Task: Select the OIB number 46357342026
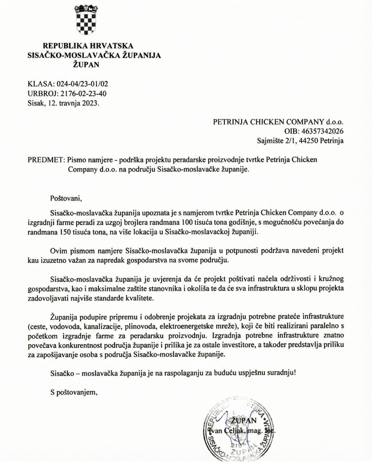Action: point(320,131)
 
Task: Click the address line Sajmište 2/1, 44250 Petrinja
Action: point(300,140)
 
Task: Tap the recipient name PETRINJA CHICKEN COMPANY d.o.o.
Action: point(278,122)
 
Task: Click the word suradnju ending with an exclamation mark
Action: point(283,372)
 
